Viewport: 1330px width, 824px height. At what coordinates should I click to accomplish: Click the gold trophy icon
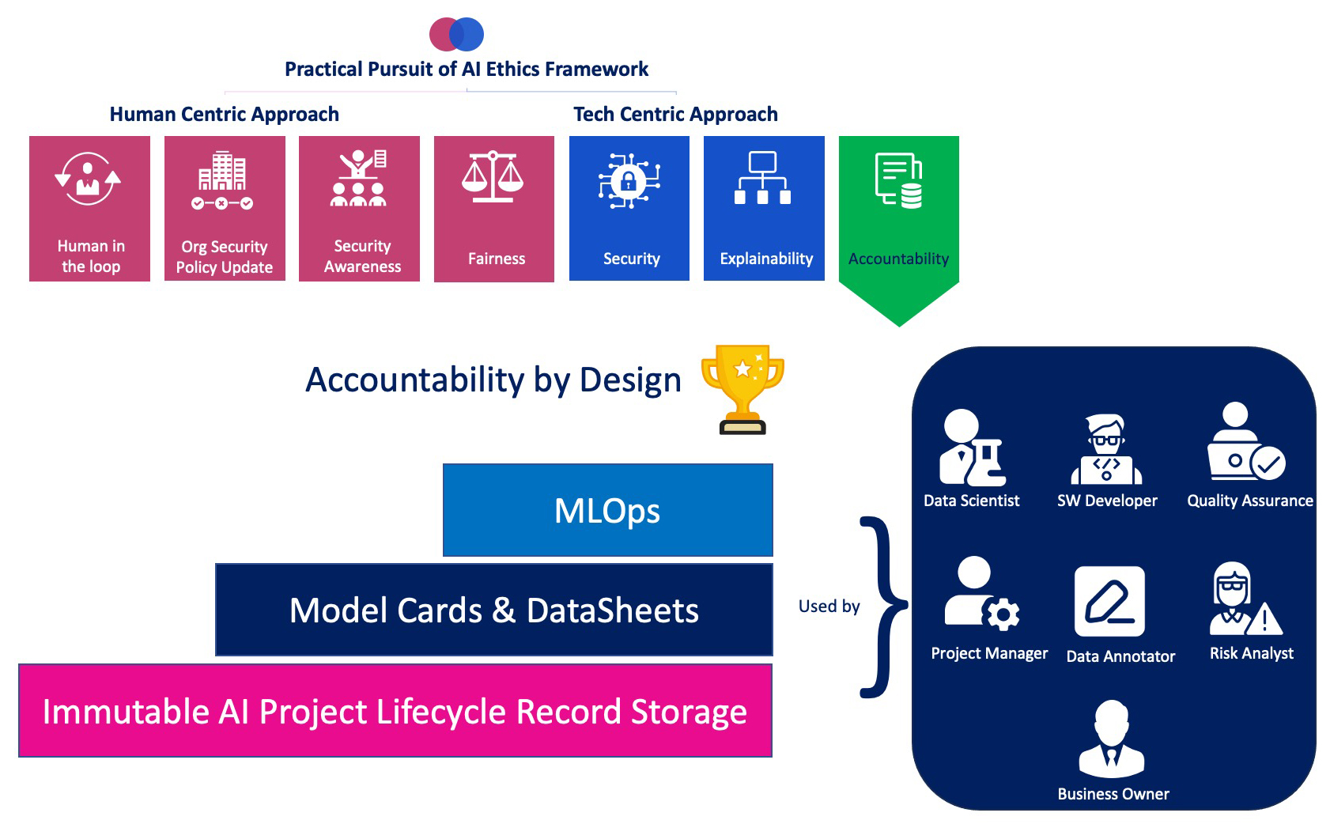[742, 388]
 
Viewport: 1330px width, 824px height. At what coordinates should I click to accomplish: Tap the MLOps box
[607, 510]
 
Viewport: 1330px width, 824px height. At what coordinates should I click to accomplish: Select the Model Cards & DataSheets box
[493, 610]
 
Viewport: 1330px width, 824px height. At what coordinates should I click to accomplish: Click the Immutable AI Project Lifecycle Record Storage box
[395, 711]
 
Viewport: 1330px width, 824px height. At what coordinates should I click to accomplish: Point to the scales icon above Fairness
[493, 177]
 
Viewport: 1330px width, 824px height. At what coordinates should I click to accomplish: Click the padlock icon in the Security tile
[629, 181]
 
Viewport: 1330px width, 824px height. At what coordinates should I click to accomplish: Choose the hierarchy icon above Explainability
[762, 178]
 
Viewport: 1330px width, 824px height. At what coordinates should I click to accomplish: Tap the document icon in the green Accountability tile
[899, 180]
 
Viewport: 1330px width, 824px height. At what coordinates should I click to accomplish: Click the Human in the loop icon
[88, 179]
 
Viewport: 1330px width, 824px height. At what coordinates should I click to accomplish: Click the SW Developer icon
[1106, 449]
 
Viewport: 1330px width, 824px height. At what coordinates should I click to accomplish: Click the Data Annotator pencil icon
[1109, 602]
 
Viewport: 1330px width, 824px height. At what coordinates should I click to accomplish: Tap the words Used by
[829, 607]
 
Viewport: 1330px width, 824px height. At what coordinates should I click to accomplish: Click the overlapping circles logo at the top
[456, 34]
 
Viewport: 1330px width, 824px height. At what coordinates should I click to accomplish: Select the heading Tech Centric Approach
[675, 115]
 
